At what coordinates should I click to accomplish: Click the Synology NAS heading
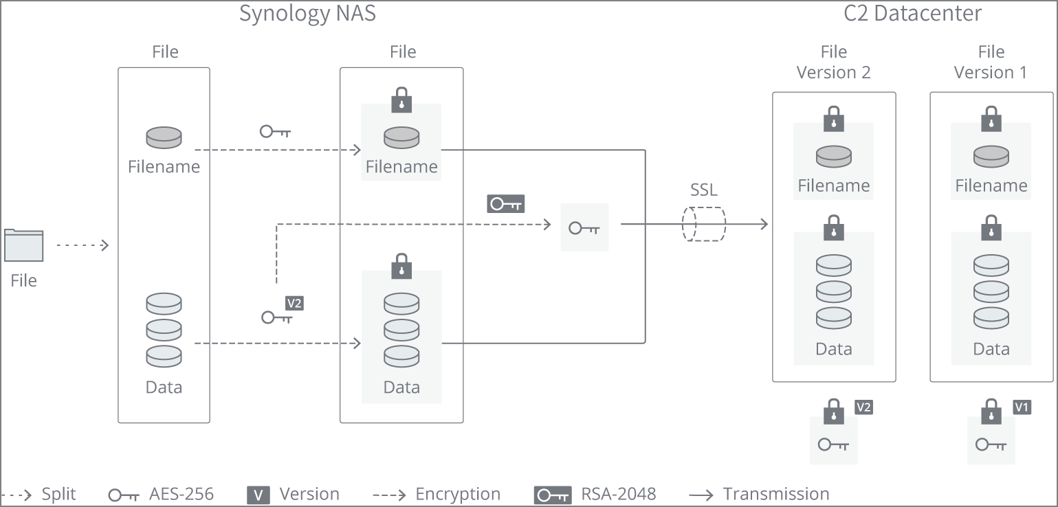[x=307, y=14]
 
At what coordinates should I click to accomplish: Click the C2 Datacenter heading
[x=912, y=14]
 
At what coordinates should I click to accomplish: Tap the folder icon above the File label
[x=24, y=245]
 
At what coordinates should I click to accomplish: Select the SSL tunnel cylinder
[x=703, y=224]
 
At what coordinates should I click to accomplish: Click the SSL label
[x=703, y=190]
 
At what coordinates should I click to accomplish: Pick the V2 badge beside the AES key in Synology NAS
[x=294, y=303]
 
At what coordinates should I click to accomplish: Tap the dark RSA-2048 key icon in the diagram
[x=505, y=203]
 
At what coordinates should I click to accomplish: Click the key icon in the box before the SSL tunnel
[x=584, y=227]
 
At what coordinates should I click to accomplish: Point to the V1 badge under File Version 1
[x=1022, y=407]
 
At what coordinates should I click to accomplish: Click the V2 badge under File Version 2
[x=863, y=407]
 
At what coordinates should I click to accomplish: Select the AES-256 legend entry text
[x=181, y=494]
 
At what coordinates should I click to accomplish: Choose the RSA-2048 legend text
[x=618, y=494]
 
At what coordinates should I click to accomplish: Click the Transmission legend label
[x=775, y=494]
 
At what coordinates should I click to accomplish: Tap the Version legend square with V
[x=257, y=495]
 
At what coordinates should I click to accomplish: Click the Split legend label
[x=58, y=494]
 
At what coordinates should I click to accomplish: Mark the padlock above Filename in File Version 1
[x=991, y=118]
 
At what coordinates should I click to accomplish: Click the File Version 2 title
[x=833, y=62]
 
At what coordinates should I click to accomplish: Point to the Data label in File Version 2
[x=833, y=349]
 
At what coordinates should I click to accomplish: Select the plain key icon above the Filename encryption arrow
[x=275, y=131]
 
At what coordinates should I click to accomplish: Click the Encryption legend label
[x=458, y=494]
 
